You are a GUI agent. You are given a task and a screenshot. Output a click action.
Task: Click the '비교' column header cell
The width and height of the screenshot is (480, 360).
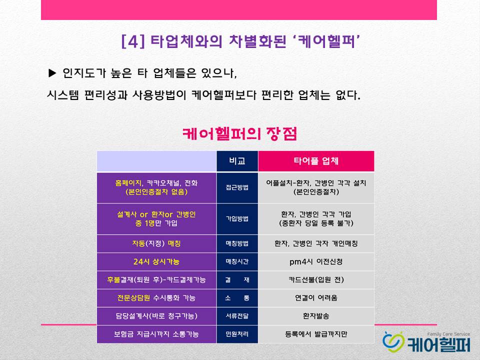(x=237, y=161)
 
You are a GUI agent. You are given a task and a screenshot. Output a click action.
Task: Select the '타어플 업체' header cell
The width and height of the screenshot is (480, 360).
(x=316, y=161)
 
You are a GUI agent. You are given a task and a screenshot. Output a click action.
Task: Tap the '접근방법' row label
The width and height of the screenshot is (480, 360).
(x=237, y=187)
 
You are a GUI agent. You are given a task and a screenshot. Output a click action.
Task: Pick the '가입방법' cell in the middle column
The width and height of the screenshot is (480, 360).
(x=237, y=219)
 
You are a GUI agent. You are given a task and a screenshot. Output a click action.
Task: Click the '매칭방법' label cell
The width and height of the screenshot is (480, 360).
(x=237, y=243)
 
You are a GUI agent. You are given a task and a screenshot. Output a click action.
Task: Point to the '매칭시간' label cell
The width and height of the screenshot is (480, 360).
(x=237, y=261)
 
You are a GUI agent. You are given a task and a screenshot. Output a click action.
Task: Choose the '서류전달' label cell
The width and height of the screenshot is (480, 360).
(x=237, y=316)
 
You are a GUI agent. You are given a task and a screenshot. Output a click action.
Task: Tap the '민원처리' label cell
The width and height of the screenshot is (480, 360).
(x=237, y=334)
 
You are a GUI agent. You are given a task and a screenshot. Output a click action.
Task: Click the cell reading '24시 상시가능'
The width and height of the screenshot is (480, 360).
(x=156, y=261)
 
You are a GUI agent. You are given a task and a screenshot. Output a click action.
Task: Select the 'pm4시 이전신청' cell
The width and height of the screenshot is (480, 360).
(x=316, y=261)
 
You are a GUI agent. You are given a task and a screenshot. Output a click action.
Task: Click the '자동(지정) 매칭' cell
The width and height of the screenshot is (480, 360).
(x=156, y=243)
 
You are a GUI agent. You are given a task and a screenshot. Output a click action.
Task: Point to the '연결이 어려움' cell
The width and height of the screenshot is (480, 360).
(x=316, y=298)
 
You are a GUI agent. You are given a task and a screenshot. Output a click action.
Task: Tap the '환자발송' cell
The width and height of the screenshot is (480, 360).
(x=316, y=316)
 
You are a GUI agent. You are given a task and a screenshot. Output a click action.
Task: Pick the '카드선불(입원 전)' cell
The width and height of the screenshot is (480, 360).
(x=316, y=280)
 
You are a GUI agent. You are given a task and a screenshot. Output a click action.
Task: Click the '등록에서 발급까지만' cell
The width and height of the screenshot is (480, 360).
(x=316, y=334)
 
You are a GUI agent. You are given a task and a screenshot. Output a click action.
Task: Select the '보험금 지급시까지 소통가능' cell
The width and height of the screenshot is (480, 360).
(x=156, y=334)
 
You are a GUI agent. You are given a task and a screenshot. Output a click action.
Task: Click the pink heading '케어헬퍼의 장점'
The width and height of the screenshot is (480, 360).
(x=239, y=134)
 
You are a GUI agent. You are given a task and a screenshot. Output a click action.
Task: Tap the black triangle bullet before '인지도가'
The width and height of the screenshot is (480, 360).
(x=52, y=73)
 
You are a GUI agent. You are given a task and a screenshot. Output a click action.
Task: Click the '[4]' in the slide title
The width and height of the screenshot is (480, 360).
(x=133, y=41)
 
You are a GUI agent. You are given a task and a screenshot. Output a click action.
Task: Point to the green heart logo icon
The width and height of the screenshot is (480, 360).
(x=393, y=342)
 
